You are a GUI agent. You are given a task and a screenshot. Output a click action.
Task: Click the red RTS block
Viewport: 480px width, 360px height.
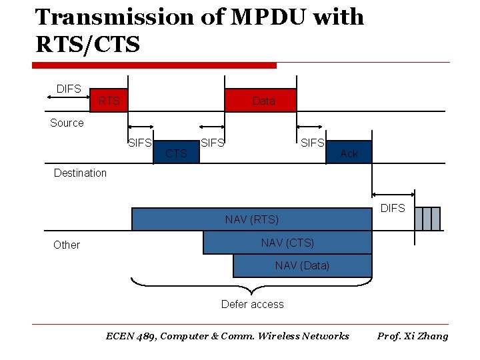(x=109, y=101)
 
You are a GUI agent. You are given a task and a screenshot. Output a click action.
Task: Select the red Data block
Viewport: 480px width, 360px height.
(x=261, y=101)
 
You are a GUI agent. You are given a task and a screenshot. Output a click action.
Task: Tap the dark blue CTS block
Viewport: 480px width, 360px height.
(x=176, y=153)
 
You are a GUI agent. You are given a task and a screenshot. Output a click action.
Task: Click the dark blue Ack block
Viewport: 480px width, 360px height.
(x=349, y=153)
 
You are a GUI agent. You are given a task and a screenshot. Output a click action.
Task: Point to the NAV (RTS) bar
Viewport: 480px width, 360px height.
(x=251, y=219)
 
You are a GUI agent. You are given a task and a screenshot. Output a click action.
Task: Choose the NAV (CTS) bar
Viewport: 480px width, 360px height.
(x=287, y=243)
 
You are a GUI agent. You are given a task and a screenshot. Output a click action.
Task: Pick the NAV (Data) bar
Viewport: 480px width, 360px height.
(x=302, y=265)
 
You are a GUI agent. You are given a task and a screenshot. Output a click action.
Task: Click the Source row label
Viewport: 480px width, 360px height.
(x=67, y=123)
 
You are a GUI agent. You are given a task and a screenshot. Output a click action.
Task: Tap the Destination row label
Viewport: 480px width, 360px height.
(x=80, y=173)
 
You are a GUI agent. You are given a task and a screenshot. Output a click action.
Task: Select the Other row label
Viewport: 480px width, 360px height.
(x=67, y=245)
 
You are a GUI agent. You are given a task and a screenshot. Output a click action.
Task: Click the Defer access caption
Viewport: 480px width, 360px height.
(x=252, y=304)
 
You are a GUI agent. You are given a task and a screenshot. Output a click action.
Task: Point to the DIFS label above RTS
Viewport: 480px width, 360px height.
(x=69, y=89)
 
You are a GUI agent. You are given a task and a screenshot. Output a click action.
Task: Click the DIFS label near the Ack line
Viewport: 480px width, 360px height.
(x=393, y=208)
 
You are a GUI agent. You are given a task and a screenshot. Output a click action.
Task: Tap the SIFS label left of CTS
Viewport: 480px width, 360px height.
(x=139, y=142)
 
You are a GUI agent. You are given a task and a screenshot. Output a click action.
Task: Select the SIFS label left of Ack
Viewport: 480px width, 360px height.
(x=312, y=142)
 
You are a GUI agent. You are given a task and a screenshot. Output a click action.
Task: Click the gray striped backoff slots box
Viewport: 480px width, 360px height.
(x=427, y=219)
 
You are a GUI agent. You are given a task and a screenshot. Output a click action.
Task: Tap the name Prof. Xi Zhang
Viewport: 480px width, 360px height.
(x=413, y=336)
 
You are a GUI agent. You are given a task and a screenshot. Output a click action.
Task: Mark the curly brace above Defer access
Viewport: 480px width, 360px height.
(x=251, y=287)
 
